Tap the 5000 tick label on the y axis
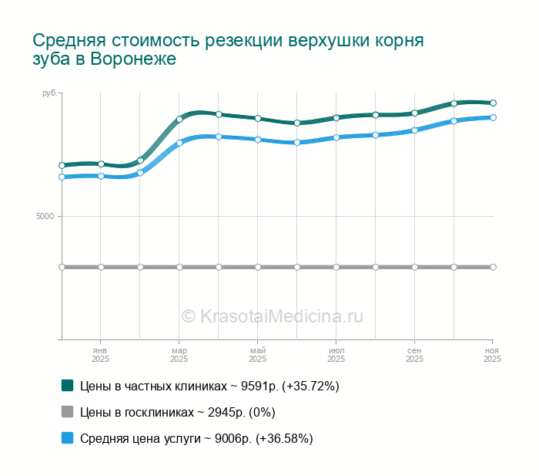pyautogui.click(x=45, y=217)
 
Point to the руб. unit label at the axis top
pyautogui.click(x=49, y=93)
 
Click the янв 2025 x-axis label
pyautogui.click(x=101, y=355)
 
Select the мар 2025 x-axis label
pyautogui.click(x=179, y=355)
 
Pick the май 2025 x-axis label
pyautogui.click(x=258, y=355)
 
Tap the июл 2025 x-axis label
pyautogui.click(x=336, y=355)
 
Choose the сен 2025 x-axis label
pyautogui.click(x=414, y=355)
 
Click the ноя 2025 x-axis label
pyautogui.click(x=492, y=355)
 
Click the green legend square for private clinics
pyautogui.click(x=67, y=385)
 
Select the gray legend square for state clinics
pyautogui.click(x=67, y=411)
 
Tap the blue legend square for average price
pyautogui.click(x=67, y=438)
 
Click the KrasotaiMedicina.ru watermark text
pyautogui.click(x=281, y=316)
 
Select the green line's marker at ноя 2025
pyautogui.click(x=493, y=103)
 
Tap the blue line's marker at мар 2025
pyautogui.click(x=179, y=143)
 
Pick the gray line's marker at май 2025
pyautogui.click(x=258, y=267)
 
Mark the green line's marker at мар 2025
pyautogui.click(x=179, y=119)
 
